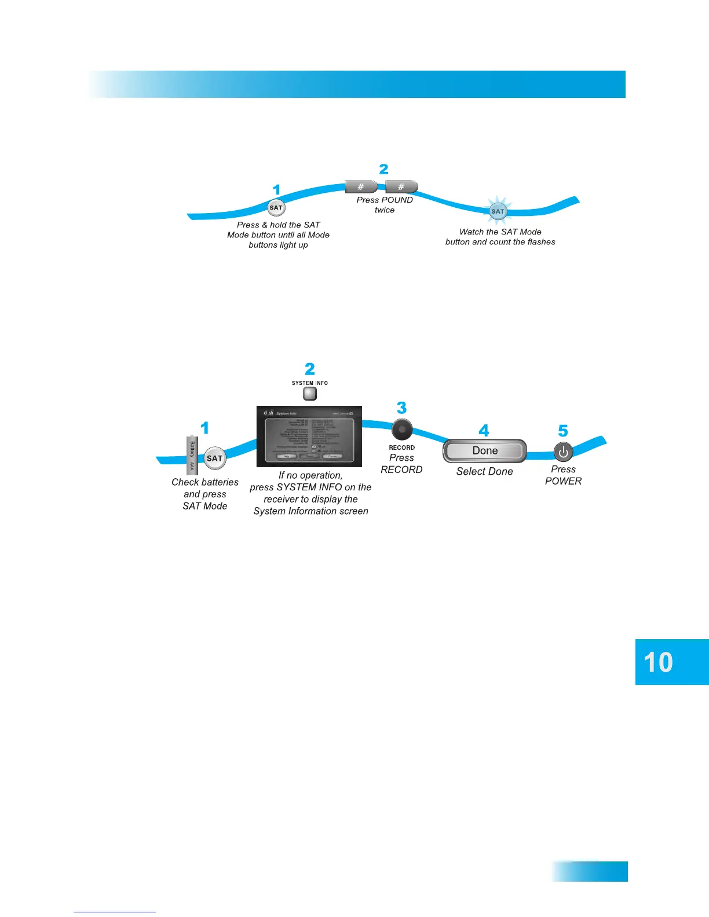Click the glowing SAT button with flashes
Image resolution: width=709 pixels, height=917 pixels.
click(498, 211)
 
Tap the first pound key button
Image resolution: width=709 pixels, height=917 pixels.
click(361, 186)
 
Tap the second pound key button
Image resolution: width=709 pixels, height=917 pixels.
click(401, 186)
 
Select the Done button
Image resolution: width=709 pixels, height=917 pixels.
click(485, 451)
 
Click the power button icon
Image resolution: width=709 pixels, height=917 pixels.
click(563, 452)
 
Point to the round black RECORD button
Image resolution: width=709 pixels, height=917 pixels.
click(402, 430)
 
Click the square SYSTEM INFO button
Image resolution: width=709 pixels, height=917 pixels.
click(310, 394)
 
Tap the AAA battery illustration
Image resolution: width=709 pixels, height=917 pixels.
click(192, 456)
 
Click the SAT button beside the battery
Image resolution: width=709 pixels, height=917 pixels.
click(214, 458)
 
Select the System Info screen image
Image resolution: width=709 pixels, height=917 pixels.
click(309, 437)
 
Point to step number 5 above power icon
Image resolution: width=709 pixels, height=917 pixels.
click(563, 431)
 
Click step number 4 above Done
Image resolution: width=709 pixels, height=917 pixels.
click(484, 430)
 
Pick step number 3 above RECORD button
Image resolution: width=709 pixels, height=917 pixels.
click(401, 408)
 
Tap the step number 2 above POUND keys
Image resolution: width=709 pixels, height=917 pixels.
click(383, 169)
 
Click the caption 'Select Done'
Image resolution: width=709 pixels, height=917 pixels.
click(484, 471)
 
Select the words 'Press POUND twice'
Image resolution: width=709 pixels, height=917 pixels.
click(385, 205)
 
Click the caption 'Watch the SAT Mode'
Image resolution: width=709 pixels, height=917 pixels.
click(500, 232)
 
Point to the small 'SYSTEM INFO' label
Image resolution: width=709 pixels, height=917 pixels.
click(310, 383)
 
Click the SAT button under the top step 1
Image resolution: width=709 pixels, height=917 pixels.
click(276, 208)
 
